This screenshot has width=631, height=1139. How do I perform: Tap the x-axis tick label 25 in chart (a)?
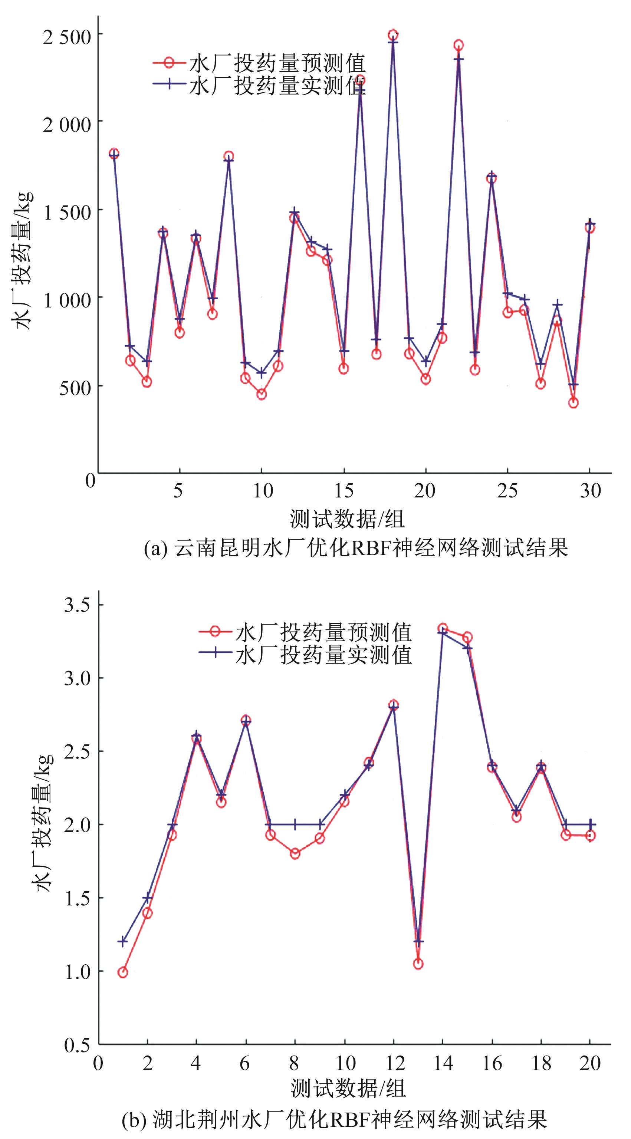click(x=507, y=491)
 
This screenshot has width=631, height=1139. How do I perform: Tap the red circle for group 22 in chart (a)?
click(x=459, y=45)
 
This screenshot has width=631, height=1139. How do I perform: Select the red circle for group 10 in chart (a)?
click(x=261, y=394)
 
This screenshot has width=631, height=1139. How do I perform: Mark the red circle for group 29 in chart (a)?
click(x=574, y=403)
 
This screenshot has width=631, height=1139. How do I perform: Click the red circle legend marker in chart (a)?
click(x=168, y=63)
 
